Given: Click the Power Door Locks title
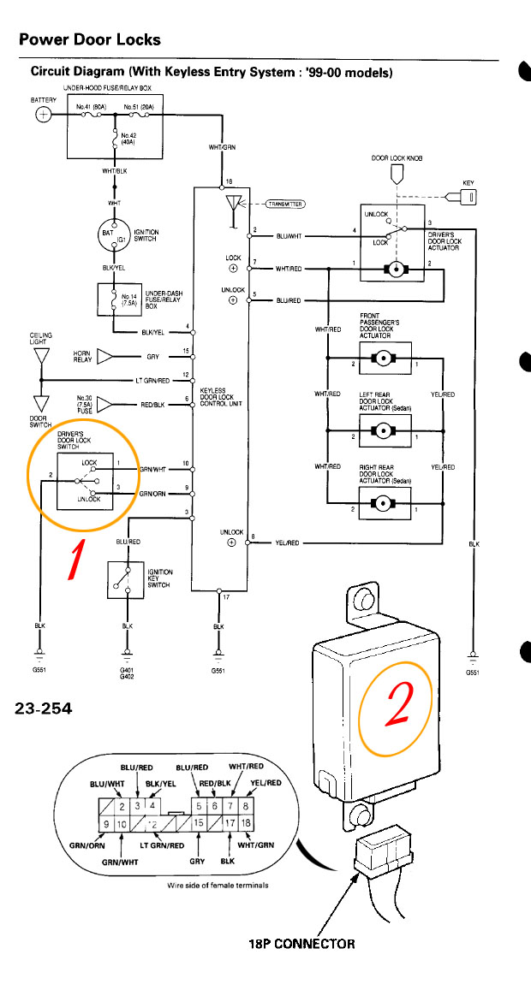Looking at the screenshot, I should click(90, 39).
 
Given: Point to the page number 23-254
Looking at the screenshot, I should click(44, 708).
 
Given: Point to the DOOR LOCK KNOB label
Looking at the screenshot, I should click(397, 158).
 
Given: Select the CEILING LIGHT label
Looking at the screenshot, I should click(41, 338).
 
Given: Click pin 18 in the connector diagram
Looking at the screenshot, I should click(246, 822).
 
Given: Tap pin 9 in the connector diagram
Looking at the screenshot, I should click(106, 822).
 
